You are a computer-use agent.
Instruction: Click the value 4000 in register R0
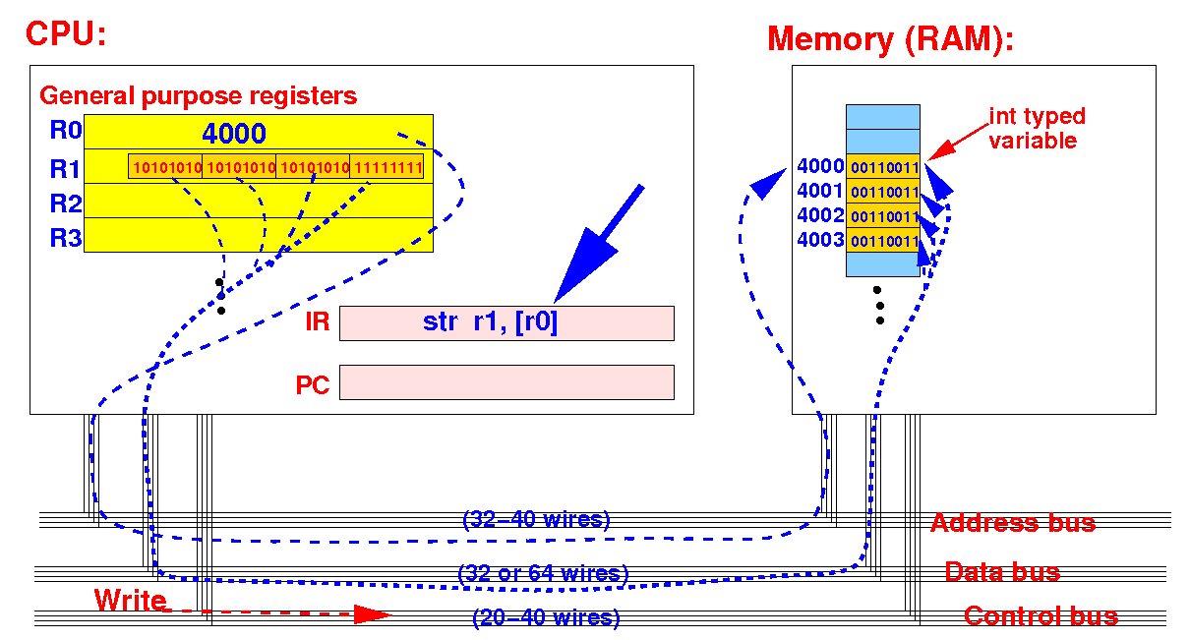(x=234, y=134)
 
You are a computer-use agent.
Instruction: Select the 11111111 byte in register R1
(x=387, y=167)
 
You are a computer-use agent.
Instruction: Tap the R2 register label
(x=66, y=204)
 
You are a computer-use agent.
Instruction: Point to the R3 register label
(x=66, y=238)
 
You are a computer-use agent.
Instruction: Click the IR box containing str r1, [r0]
(x=506, y=322)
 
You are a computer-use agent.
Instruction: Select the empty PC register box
(x=506, y=382)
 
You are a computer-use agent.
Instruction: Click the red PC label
(x=313, y=385)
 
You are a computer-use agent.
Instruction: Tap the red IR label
(x=317, y=321)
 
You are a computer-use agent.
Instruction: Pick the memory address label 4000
(x=820, y=166)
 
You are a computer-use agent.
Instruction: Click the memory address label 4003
(x=820, y=240)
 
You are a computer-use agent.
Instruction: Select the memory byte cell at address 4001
(x=883, y=191)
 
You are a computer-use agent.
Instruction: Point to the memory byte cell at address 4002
(x=883, y=215)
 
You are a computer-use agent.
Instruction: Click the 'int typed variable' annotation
(x=1037, y=128)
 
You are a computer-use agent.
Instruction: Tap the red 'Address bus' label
(x=1013, y=523)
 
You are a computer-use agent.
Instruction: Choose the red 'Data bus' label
(x=1002, y=572)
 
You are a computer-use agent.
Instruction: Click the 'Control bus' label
(x=1041, y=616)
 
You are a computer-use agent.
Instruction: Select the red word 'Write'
(x=130, y=600)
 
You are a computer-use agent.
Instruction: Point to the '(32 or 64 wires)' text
(x=543, y=573)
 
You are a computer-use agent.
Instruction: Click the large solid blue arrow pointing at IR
(x=599, y=244)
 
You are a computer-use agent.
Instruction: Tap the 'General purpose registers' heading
(x=198, y=96)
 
